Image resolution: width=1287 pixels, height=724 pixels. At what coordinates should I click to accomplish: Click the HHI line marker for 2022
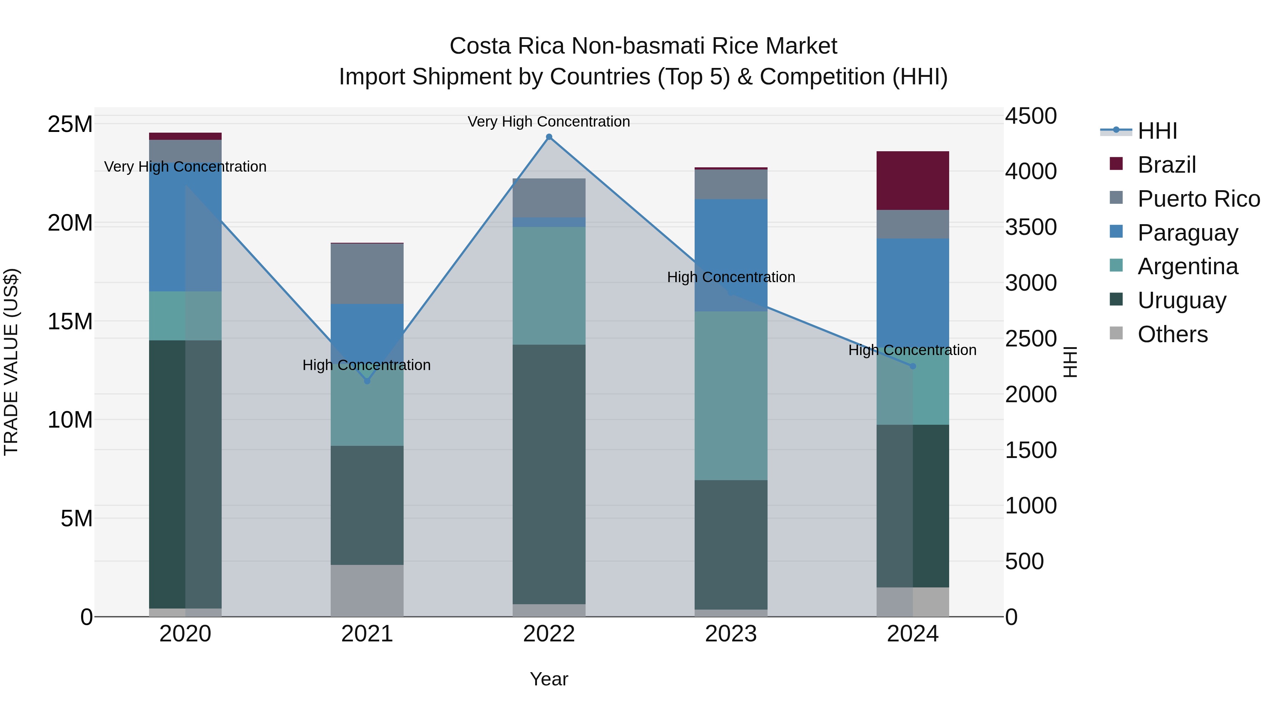coord(549,137)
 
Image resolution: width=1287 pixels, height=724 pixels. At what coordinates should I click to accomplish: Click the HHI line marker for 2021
coord(367,381)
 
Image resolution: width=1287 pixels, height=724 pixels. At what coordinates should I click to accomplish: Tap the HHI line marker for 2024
coord(913,366)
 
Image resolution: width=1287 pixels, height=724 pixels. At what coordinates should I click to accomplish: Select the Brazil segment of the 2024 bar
coord(913,181)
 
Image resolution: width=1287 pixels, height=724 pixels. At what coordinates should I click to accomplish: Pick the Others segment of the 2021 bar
coord(367,591)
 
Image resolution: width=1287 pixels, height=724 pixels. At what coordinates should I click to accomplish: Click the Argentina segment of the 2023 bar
coord(731,396)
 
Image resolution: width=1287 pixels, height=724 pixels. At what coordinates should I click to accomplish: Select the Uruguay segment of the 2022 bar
coord(549,475)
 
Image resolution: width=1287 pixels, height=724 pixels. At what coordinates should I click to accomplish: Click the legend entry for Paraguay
coord(1188,233)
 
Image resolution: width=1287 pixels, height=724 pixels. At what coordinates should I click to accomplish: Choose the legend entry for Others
coord(1172,334)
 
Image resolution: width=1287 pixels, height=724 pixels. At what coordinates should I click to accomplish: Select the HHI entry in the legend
coord(1157,131)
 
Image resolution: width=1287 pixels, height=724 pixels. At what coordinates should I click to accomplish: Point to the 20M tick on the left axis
coord(70,223)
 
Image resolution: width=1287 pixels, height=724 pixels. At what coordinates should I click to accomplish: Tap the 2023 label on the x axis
coord(731,634)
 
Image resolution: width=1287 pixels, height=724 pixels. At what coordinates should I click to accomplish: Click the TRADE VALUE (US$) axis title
coord(11,362)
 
